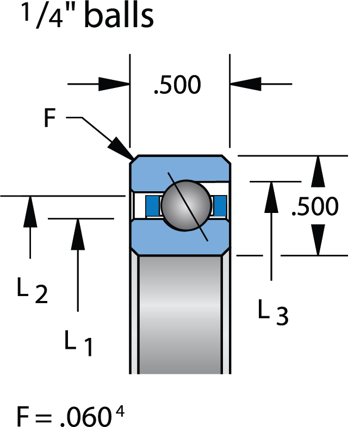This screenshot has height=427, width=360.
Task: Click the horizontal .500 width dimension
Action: coord(177,85)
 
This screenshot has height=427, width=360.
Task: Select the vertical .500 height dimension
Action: coord(315,206)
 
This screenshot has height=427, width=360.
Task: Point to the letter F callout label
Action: coord(50,119)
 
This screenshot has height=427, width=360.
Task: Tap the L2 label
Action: coord(32,291)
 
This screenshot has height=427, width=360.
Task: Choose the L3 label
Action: coord(272,313)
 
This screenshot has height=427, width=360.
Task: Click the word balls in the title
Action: coord(117,17)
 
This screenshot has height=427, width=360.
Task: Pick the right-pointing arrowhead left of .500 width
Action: coord(114,84)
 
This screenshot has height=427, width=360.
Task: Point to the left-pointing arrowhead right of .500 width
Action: coord(245,84)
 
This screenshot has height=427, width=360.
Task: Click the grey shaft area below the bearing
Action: coord(180,315)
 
